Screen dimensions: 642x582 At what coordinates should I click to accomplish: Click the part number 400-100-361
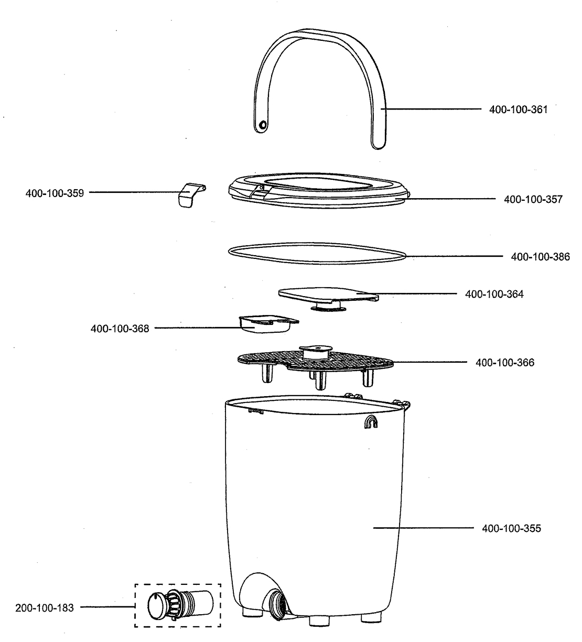(x=518, y=110)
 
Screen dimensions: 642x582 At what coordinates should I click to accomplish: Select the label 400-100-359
(x=55, y=193)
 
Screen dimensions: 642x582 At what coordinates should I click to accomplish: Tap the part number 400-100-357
(x=533, y=199)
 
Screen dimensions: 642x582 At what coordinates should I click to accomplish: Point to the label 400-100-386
(x=540, y=257)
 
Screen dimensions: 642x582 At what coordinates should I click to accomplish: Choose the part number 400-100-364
(x=494, y=294)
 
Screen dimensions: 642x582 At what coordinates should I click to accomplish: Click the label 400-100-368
(x=120, y=329)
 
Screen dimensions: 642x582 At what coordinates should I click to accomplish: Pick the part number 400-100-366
(x=505, y=362)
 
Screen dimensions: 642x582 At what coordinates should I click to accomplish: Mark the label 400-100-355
(x=511, y=528)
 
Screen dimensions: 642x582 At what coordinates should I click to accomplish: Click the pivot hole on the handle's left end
(x=263, y=124)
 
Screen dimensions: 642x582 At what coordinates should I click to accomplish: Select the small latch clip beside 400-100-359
(x=189, y=195)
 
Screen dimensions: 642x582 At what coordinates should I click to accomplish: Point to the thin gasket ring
(x=318, y=253)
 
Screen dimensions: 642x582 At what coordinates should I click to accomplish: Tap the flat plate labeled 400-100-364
(x=328, y=295)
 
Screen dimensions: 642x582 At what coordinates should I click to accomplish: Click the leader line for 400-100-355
(x=419, y=528)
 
